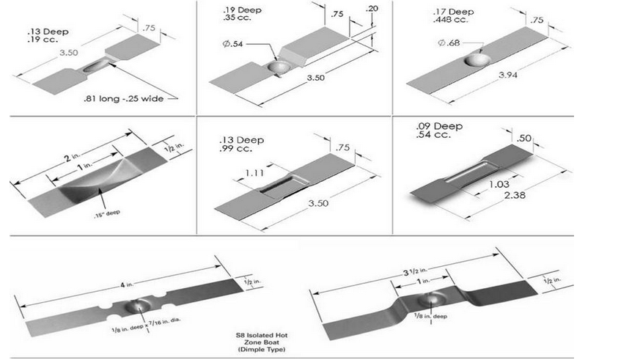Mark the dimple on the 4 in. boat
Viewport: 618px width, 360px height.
[139, 306]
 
